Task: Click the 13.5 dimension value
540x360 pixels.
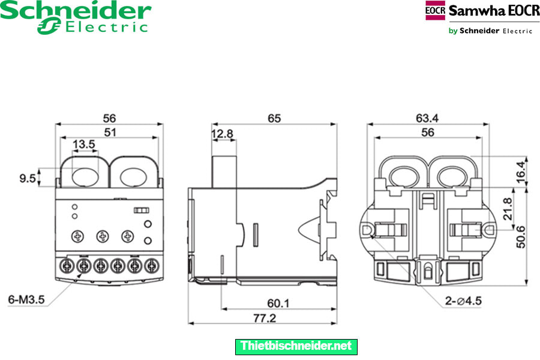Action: (83, 145)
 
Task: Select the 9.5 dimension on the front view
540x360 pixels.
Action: (26, 178)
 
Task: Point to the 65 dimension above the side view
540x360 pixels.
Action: (274, 118)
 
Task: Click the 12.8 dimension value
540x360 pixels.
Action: (222, 134)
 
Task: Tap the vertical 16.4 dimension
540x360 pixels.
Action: (520, 171)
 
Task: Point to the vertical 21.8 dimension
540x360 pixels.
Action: (508, 209)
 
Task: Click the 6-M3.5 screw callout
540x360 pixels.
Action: (25, 298)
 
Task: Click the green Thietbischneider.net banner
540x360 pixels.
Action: (296, 346)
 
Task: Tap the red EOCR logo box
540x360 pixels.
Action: (436, 11)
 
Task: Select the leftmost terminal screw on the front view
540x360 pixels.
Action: (67, 264)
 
